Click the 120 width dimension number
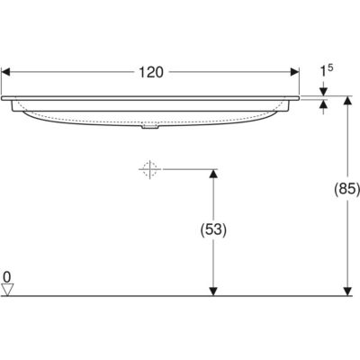pos(151,73)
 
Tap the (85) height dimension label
pos(347,189)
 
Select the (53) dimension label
pos(213,230)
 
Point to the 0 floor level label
pos(6,277)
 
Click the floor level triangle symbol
pos(7,290)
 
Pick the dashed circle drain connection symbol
pos(149,169)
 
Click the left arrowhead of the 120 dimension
pos(5,72)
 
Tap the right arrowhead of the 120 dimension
pos(295,72)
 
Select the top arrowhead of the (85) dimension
pos(347,101)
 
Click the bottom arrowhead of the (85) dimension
pos(347,292)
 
